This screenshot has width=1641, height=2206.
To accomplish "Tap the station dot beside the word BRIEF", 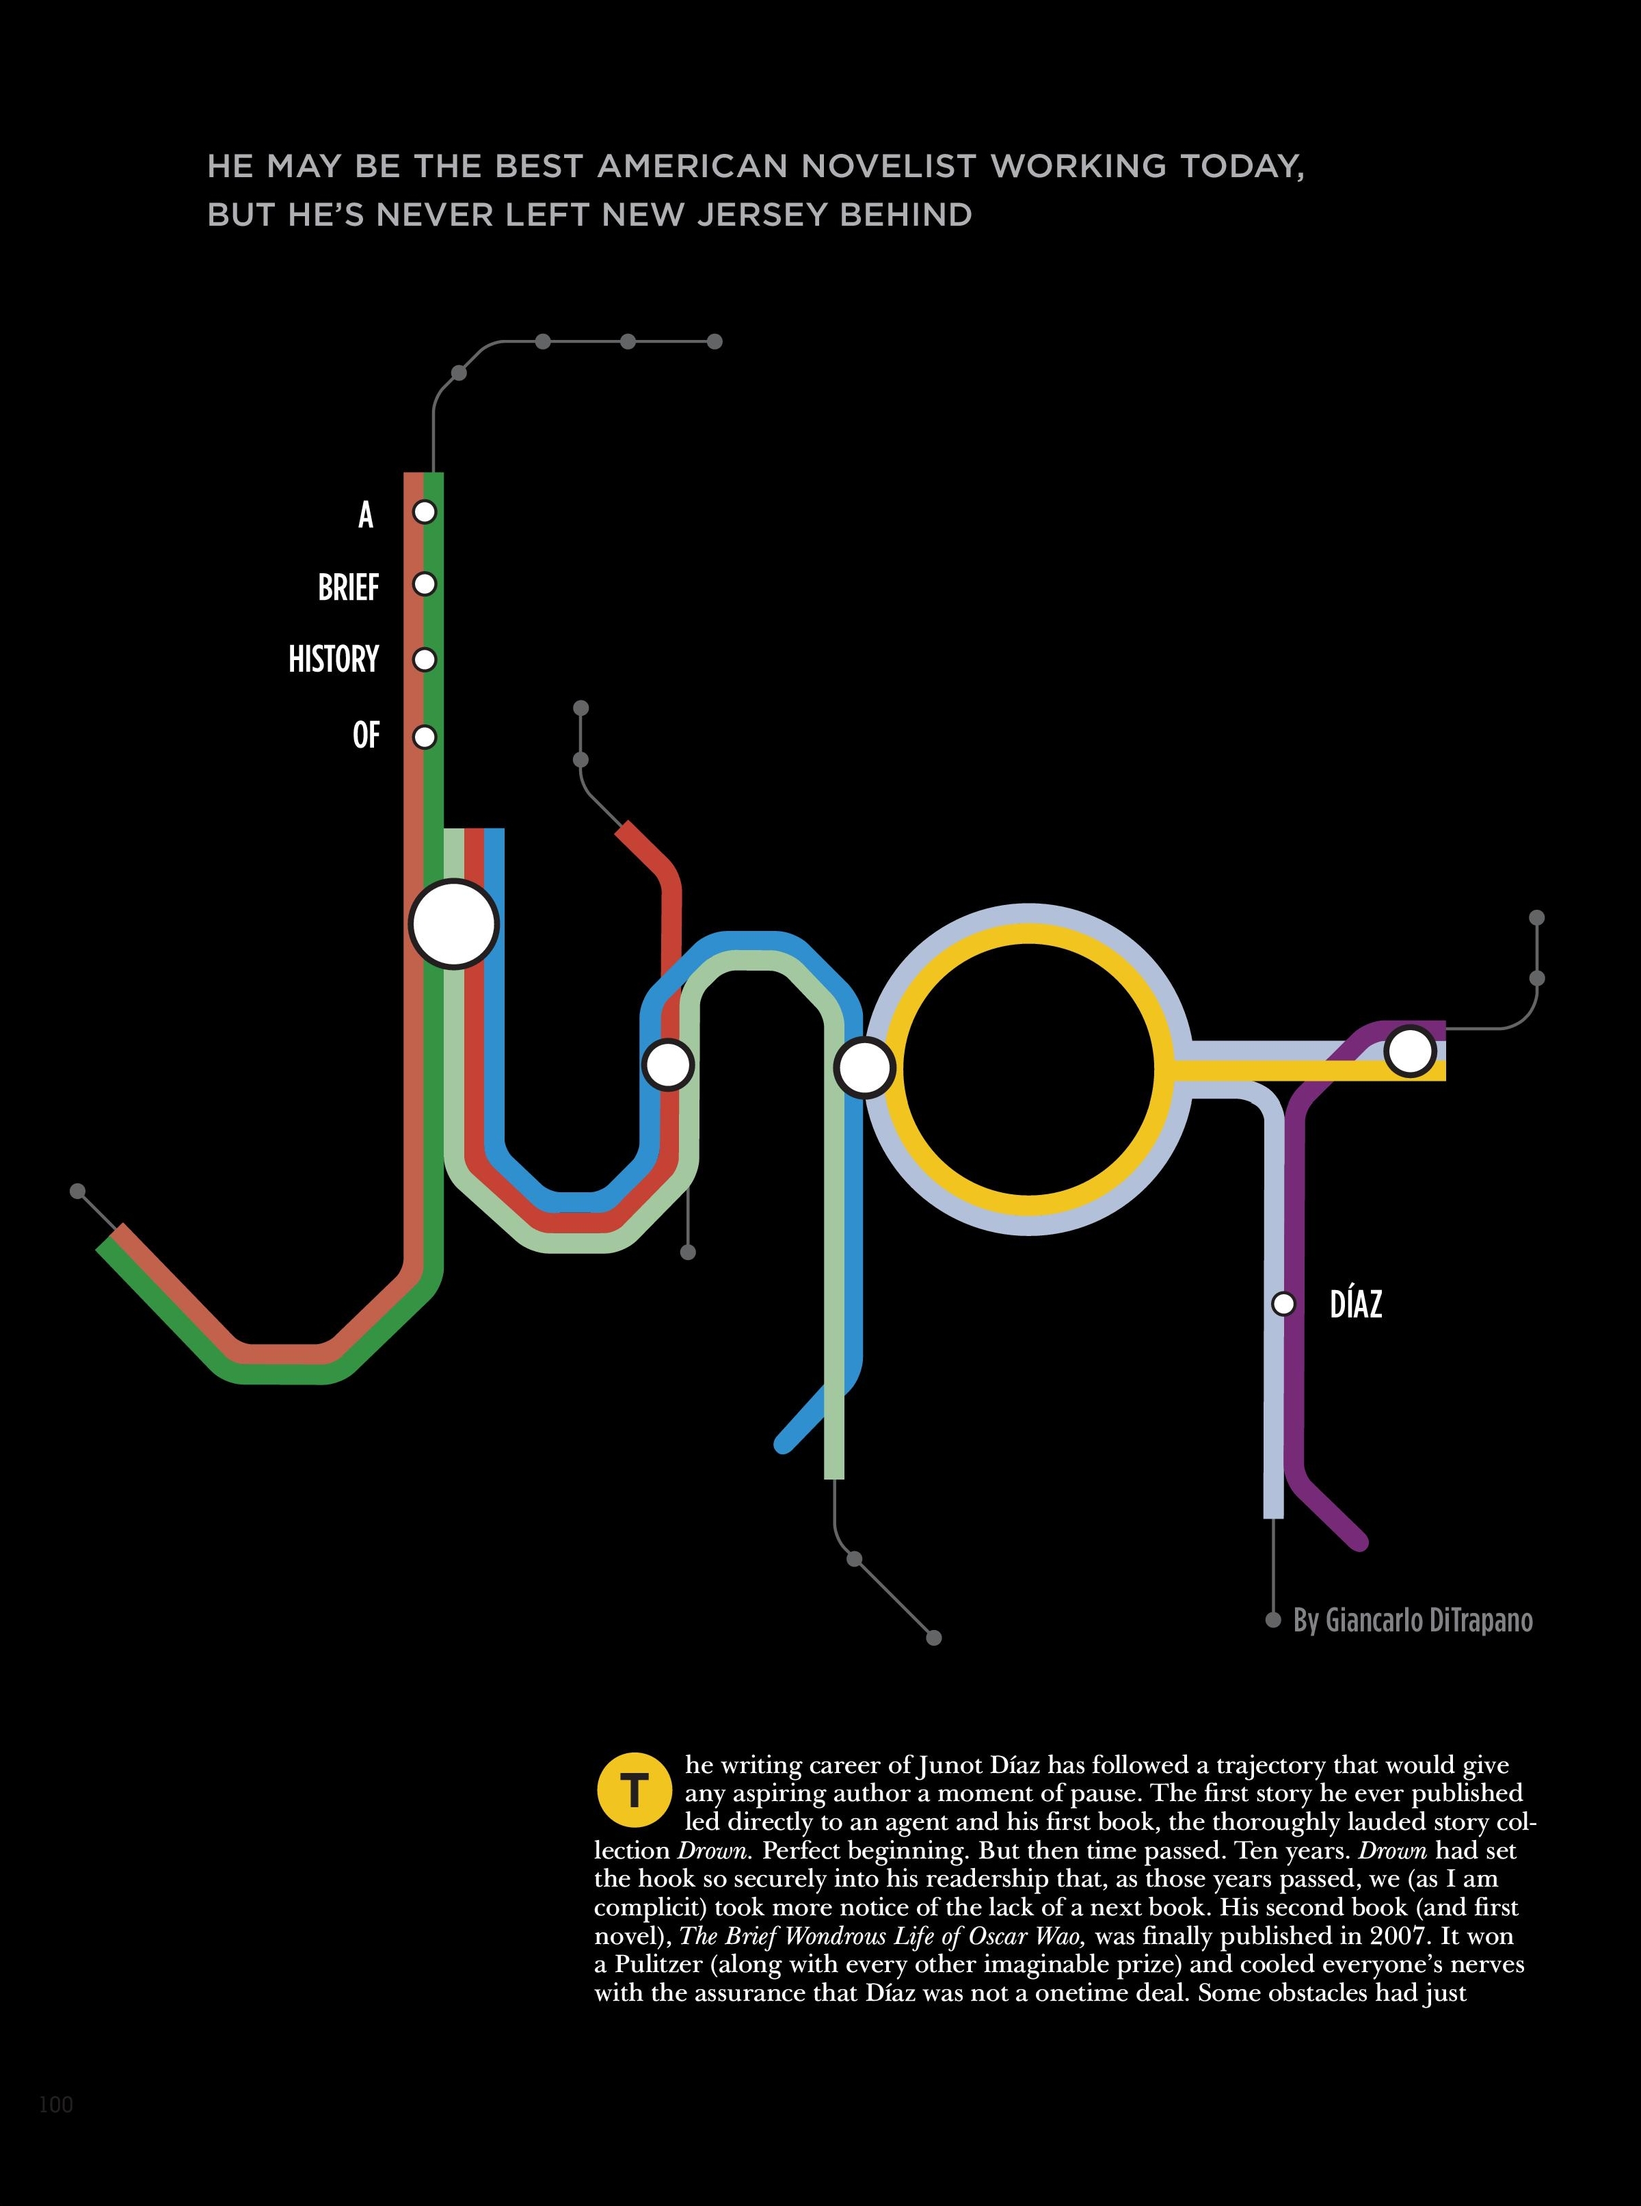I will pos(424,584).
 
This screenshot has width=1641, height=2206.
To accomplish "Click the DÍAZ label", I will pos(1355,1304).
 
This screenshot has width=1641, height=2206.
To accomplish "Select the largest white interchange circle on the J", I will pos(453,924).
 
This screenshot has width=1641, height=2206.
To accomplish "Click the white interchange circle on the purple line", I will pos(1410,1051).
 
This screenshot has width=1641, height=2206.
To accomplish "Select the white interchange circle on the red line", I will pos(667,1065).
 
